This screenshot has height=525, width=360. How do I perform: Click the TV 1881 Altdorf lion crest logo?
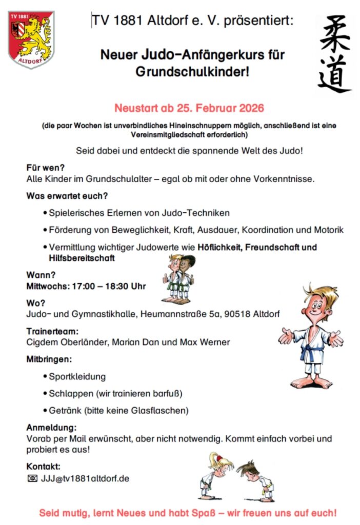click(31, 39)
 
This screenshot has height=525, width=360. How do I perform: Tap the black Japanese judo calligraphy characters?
click(334, 54)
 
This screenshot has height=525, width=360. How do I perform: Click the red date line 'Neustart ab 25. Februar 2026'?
click(189, 108)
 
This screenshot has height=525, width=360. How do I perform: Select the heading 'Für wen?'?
click(46, 167)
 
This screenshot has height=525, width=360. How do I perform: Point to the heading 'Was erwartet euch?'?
click(67, 195)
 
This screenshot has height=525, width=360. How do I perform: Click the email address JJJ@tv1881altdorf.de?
click(85, 479)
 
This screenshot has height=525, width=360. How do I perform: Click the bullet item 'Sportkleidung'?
click(77, 377)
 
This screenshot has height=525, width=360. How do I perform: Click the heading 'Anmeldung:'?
click(52, 428)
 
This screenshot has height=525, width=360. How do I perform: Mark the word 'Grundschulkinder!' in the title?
click(192, 72)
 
